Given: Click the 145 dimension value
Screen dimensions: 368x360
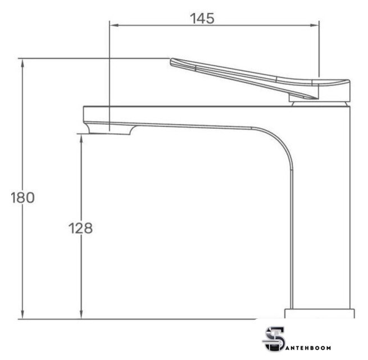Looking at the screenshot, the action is [x=202, y=19].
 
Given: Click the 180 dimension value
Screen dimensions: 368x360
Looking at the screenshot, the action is [x=23, y=197].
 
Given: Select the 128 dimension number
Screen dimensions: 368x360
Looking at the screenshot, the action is [x=80, y=228].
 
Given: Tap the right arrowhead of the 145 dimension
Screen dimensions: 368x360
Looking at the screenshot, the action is [x=314, y=25].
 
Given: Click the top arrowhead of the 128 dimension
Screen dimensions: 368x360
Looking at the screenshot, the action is [x=81, y=140].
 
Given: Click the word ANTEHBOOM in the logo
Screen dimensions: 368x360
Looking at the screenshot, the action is [x=308, y=348].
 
